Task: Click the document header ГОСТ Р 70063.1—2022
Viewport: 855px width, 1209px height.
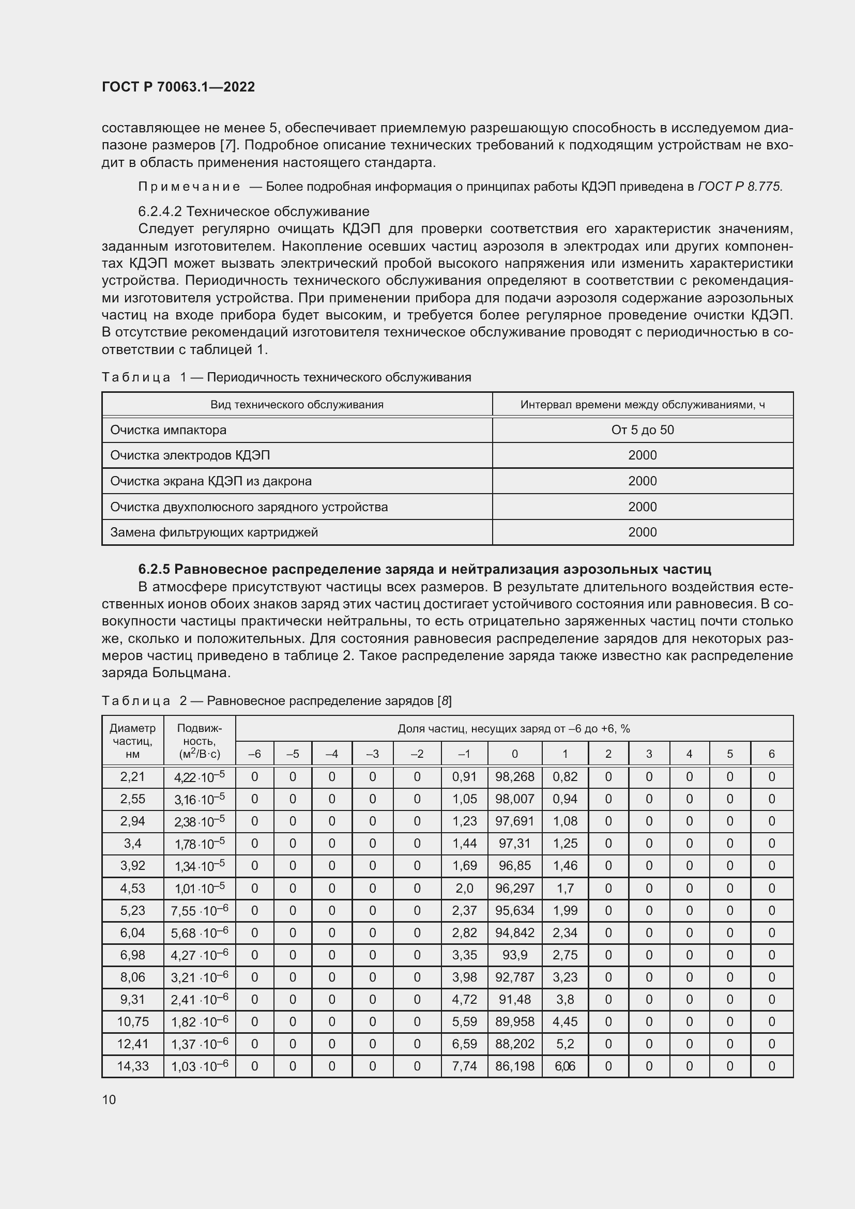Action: pyautogui.click(x=178, y=87)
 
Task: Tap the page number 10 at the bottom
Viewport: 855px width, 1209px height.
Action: pyautogui.click(x=109, y=1099)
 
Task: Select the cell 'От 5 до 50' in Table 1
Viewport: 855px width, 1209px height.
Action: pyautogui.click(x=643, y=430)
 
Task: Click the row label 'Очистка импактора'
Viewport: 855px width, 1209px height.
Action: pyautogui.click(x=169, y=430)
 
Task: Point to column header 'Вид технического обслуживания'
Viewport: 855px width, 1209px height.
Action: pyautogui.click(x=297, y=404)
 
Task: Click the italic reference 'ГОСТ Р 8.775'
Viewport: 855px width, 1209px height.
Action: pyautogui.click(x=739, y=187)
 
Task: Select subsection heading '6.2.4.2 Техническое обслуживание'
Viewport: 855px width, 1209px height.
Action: pyautogui.click(x=254, y=212)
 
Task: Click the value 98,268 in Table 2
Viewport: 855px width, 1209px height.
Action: pyautogui.click(x=514, y=777)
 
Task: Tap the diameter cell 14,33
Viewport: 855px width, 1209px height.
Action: pyautogui.click(x=133, y=1066)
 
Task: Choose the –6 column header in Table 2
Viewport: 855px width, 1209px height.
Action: pyautogui.click(x=254, y=754)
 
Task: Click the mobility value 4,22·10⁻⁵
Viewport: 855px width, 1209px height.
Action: pyautogui.click(x=200, y=777)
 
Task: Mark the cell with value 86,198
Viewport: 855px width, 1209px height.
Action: pyautogui.click(x=514, y=1066)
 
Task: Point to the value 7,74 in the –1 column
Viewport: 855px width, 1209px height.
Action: pyautogui.click(x=464, y=1066)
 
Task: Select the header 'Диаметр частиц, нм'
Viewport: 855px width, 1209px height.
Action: pyautogui.click(x=133, y=741)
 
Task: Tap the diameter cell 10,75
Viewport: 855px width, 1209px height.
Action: pyautogui.click(x=133, y=1021)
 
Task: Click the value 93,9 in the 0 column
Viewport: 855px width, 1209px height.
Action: pyautogui.click(x=514, y=955)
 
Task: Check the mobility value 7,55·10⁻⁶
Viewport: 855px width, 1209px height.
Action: pyautogui.click(x=200, y=910)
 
